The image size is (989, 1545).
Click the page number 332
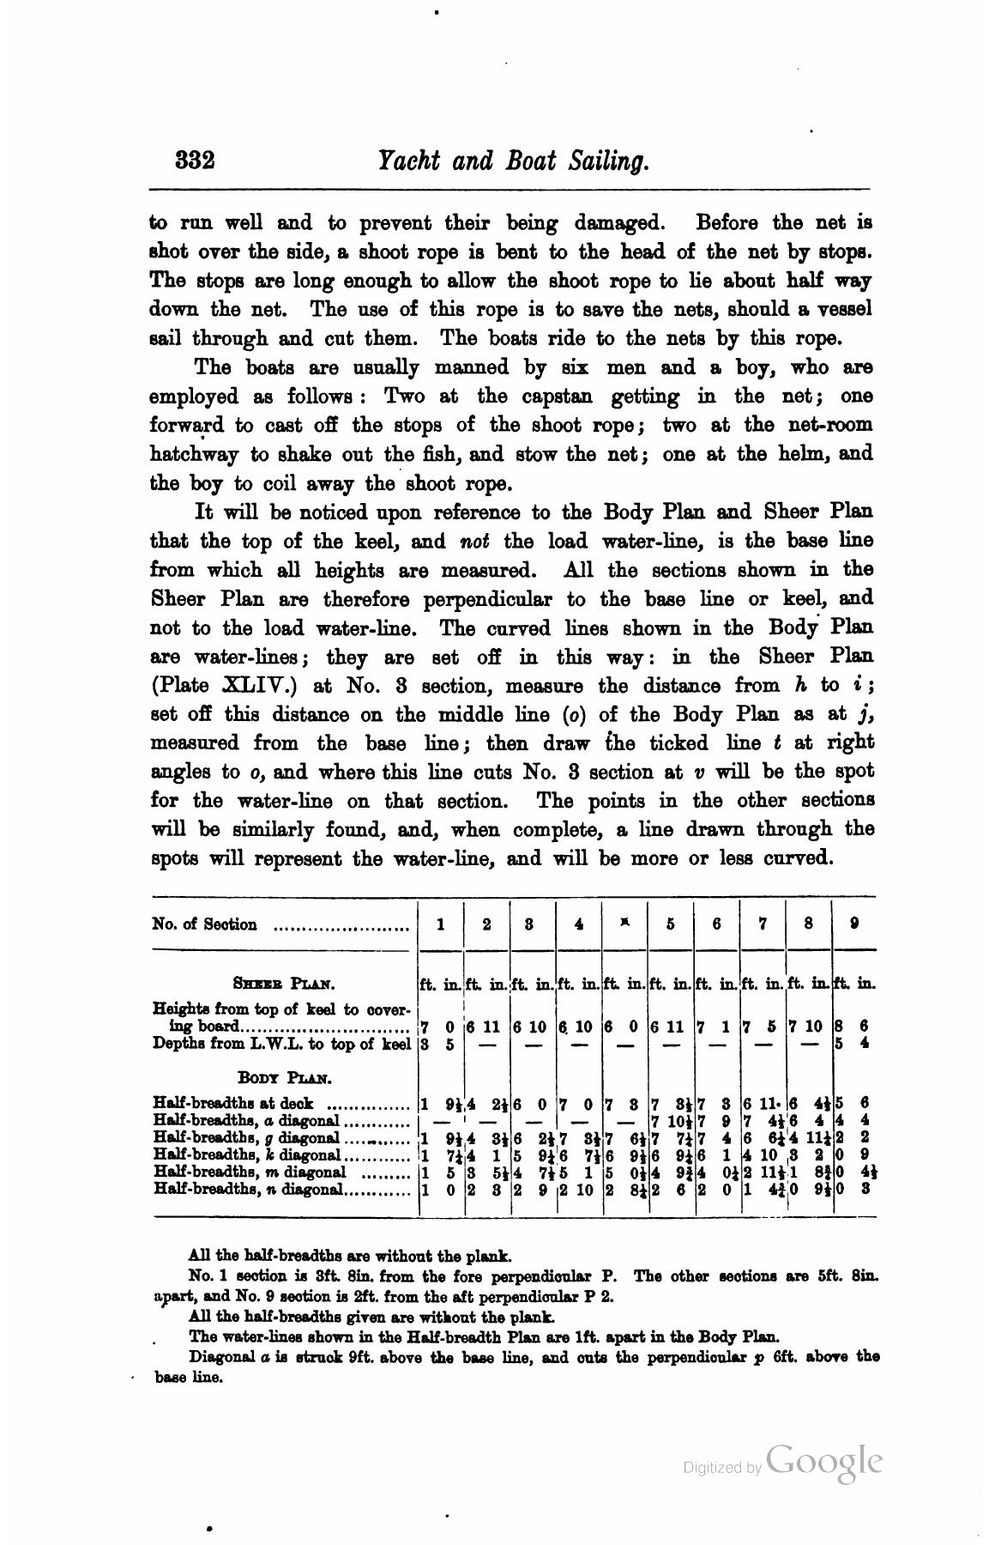(x=194, y=161)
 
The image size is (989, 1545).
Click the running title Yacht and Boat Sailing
(x=512, y=161)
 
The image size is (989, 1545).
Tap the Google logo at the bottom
(x=823, y=1462)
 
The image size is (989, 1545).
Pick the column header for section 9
(x=853, y=924)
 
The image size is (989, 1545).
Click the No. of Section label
(x=204, y=924)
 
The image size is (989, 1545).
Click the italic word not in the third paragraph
(x=474, y=542)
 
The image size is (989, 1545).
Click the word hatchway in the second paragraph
(x=193, y=454)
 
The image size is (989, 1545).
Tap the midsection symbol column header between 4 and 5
(x=625, y=923)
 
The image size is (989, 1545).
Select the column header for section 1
(x=440, y=924)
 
